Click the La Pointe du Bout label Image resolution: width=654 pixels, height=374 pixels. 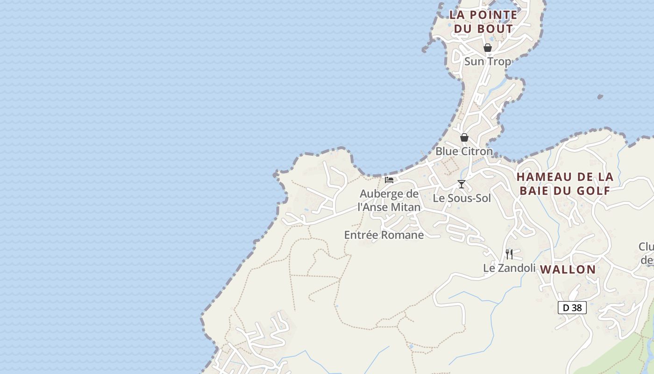click(x=483, y=22)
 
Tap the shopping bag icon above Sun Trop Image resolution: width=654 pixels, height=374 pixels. click(x=487, y=48)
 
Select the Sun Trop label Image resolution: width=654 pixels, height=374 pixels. click(x=487, y=61)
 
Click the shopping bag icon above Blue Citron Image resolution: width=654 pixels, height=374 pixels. click(x=464, y=137)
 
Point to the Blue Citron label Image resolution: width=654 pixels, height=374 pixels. click(x=464, y=151)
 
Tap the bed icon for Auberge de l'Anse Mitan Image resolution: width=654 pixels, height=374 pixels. click(x=389, y=180)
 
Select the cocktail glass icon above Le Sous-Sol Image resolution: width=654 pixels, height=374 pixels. click(x=462, y=184)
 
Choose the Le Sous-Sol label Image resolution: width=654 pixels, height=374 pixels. click(x=462, y=198)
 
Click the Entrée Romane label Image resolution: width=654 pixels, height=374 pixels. click(x=384, y=235)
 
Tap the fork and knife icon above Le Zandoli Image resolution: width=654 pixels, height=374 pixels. click(x=509, y=254)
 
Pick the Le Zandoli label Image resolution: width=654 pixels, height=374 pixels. click(x=509, y=268)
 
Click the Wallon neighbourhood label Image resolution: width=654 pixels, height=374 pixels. click(x=568, y=269)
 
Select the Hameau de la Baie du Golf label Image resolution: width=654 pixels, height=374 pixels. click(x=565, y=184)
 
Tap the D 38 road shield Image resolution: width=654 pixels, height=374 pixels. click(x=572, y=308)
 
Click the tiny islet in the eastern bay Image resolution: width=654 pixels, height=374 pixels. click(x=600, y=97)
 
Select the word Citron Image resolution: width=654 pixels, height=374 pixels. click(x=477, y=151)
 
